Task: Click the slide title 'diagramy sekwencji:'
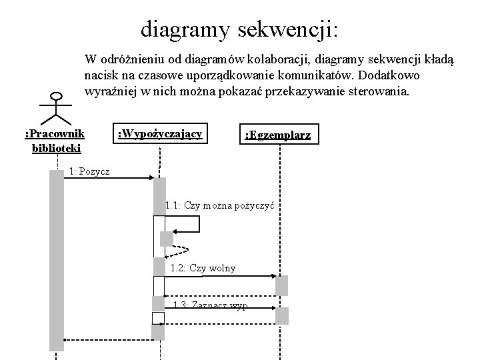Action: click(239, 29)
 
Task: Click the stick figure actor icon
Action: click(54, 107)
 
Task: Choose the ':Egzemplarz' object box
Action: click(277, 135)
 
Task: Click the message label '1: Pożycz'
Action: click(89, 171)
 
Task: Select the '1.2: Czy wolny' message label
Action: click(203, 268)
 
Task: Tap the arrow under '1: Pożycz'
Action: click(110, 179)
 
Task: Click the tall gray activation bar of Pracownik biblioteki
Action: click(57, 260)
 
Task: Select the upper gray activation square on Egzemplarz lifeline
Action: click(282, 285)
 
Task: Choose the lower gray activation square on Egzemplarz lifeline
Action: click(282, 316)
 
